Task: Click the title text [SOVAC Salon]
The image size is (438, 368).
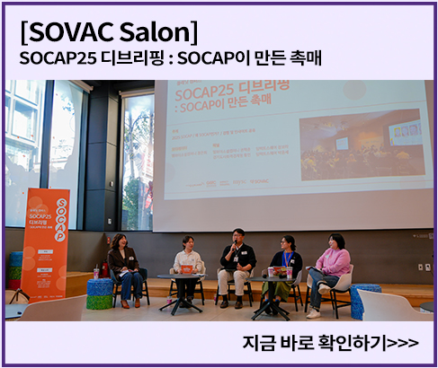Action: coord(108,31)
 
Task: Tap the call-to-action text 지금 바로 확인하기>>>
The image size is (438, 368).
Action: coord(330,342)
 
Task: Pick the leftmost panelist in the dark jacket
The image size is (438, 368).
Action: coord(123,265)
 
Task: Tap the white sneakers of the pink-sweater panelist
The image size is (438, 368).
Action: coord(313,313)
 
